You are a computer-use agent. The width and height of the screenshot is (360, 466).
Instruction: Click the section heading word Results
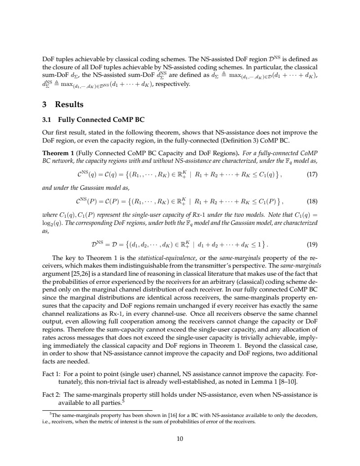coord(69,105)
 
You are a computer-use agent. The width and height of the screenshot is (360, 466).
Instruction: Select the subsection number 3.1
coord(47,120)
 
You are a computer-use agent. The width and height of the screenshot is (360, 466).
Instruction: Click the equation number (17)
coord(312,175)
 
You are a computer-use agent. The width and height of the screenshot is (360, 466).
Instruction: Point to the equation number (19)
coord(312,245)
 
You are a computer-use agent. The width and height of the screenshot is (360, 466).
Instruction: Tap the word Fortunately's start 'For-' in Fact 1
coord(312,374)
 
